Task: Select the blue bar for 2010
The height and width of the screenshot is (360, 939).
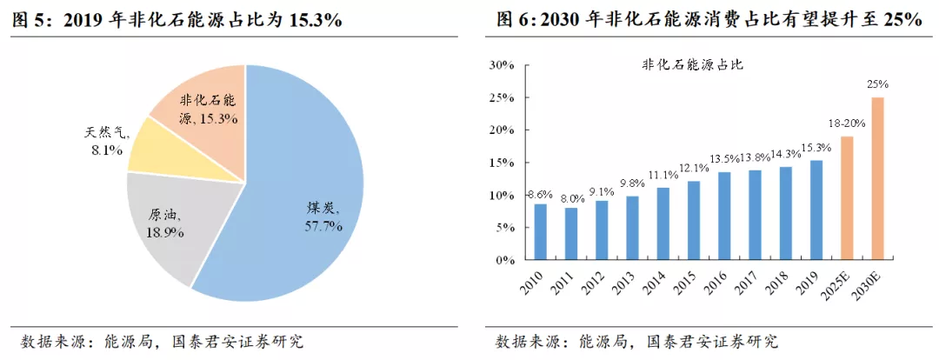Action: click(x=540, y=230)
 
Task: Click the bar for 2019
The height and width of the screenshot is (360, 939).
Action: click(x=816, y=209)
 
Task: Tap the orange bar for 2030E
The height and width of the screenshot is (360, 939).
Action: click(x=878, y=177)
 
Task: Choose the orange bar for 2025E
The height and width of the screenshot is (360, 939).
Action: click(x=847, y=197)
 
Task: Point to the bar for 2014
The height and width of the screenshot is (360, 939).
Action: click(x=663, y=223)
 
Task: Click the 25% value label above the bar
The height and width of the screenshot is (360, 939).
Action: click(x=877, y=84)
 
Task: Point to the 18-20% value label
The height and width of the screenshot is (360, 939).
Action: click(x=846, y=123)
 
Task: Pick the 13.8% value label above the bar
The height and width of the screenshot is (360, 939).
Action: click(x=754, y=157)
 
